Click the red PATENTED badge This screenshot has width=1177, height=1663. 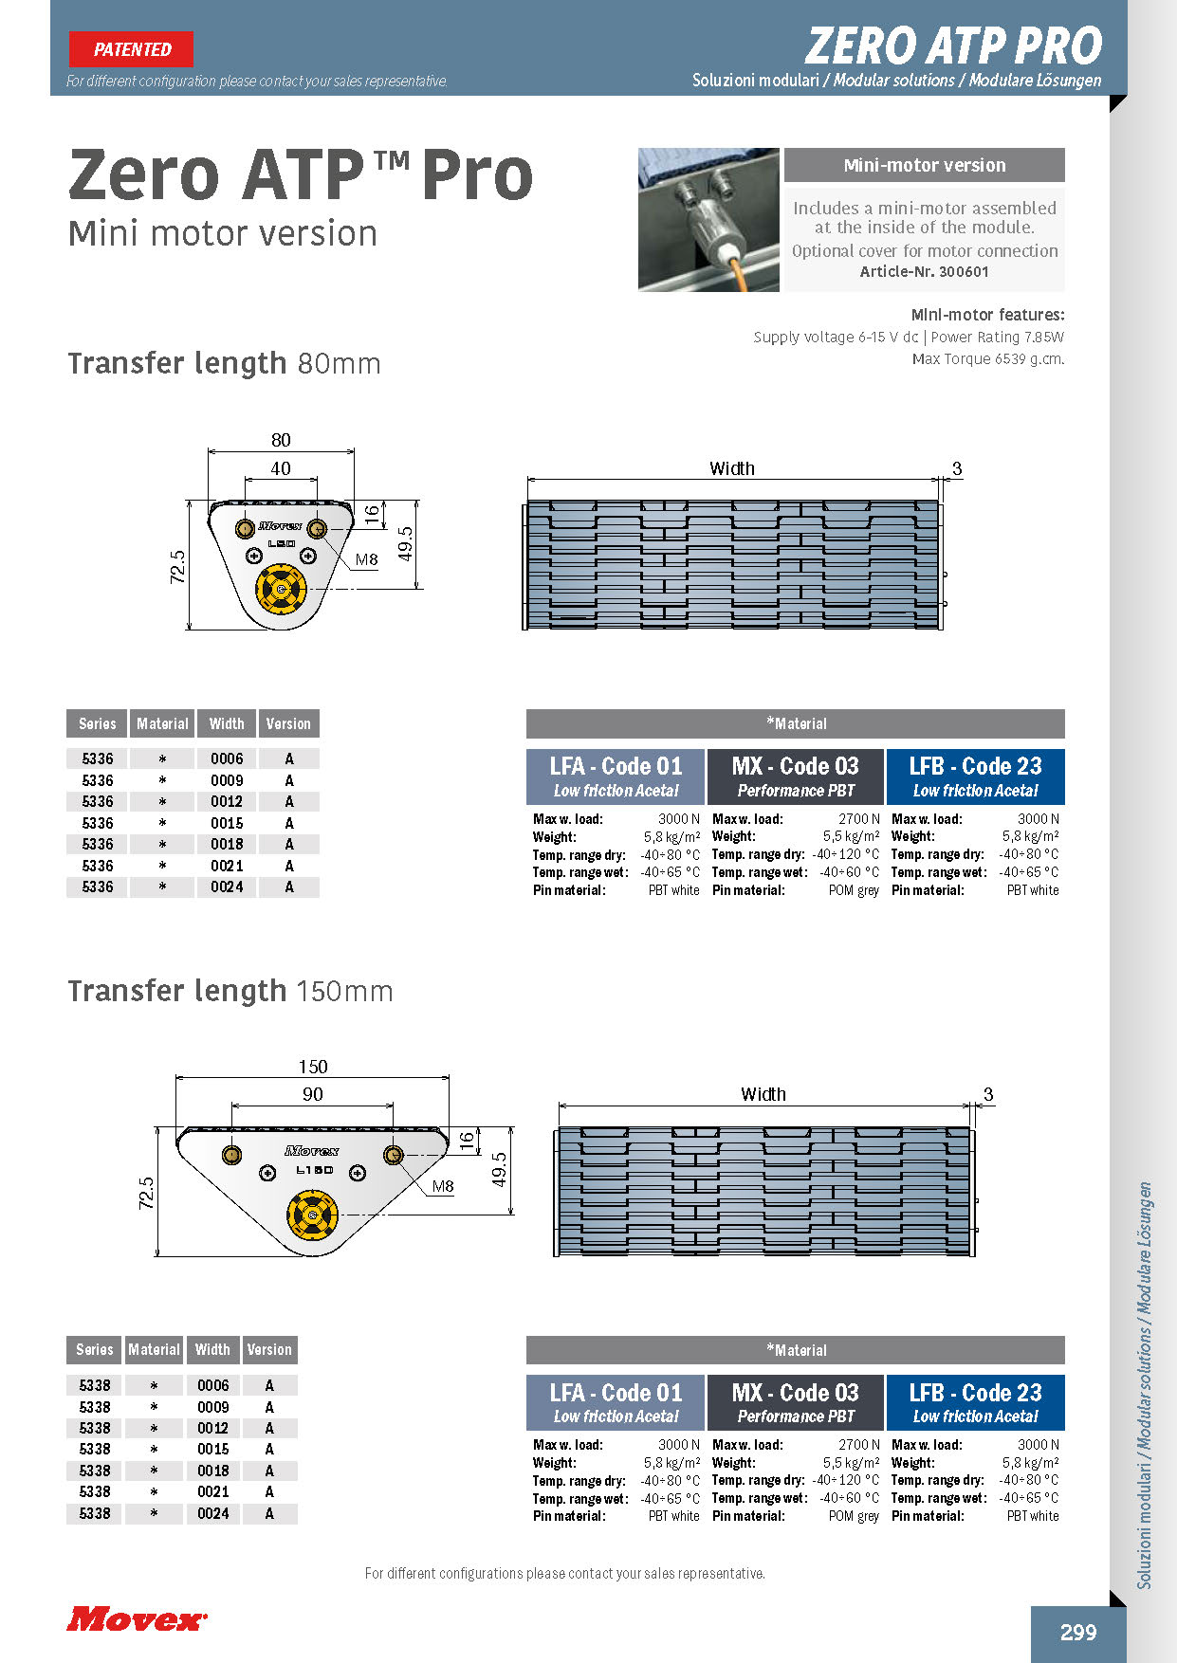pyautogui.click(x=131, y=49)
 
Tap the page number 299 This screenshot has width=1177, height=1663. pyautogui.click(x=1078, y=1632)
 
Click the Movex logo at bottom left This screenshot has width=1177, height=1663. pyautogui.click(x=137, y=1618)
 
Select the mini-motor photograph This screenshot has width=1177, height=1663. pyautogui.click(x=708, y=219)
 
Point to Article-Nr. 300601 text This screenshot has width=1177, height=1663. pyautogui.click(x=924, y=272)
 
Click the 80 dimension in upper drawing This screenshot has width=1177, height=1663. pyautogui.click(x=281, y=440)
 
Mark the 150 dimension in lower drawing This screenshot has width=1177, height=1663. pyautogui.click(x=313, y=1067)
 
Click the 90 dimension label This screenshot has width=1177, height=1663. pyautogui.click(x=313, y=1094)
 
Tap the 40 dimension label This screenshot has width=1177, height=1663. pyautogui.click(x=281, y=468)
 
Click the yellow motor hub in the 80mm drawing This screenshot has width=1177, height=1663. pyautogui.click(x=281, y=589)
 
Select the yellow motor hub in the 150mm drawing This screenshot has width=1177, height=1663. pyautogui.click(x=312, y=1215)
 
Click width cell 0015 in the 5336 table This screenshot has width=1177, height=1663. pyautogui.click(x=227, y=823)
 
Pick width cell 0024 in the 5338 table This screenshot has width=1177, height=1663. pyautogui.click(x=213, y=1513)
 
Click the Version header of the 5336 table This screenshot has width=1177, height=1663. pyautogui.click(x=288, y=723)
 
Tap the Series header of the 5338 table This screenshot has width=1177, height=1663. pyautogui.click(x=95, y=1349)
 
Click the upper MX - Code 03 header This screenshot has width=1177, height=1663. pyautogui.click(x=795, y=777)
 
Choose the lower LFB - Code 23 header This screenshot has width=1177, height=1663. pyautogui.click(x=975, y=1402)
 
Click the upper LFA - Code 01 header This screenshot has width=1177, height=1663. pyautogui.click(x=616, y=777)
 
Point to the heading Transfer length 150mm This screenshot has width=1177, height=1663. pyautogui.click(x=230, y=991)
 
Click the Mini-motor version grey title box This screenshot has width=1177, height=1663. pyautogui.click(x=924, y=165)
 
